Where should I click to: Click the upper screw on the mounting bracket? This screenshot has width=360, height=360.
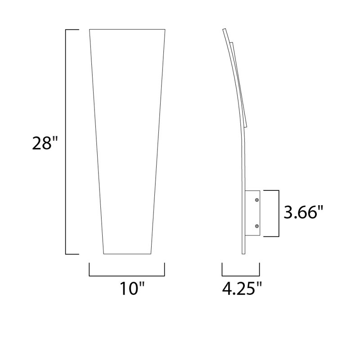pos(256,199)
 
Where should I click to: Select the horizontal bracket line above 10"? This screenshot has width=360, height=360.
pos(127,275)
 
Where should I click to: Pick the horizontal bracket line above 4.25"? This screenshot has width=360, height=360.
pos(241,275)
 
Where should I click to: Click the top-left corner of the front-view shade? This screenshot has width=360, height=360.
pos(90,30)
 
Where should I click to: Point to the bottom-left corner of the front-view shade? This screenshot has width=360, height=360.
pos(103,254)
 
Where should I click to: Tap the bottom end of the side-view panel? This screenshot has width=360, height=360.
pos(244,253)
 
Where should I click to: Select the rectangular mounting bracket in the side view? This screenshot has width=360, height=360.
pos(253,213)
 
